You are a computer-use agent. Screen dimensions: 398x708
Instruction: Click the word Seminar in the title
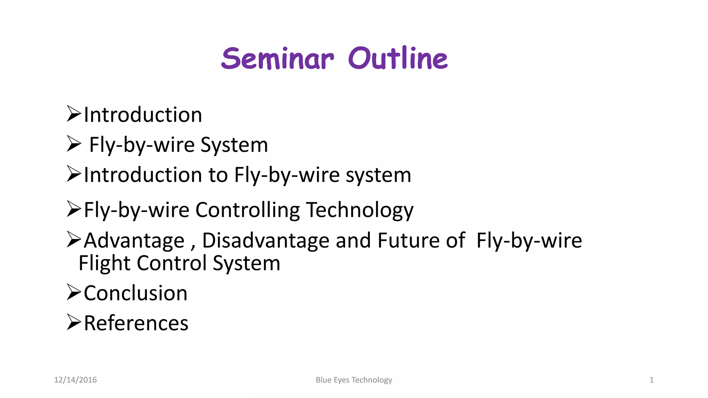point(277,58)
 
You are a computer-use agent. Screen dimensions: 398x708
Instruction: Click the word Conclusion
point(136,293)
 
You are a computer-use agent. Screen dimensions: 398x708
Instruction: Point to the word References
point(136,323)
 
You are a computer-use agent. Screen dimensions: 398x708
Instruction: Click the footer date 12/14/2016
point(75,380)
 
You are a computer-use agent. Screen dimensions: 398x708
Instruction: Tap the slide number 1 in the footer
point(651,380)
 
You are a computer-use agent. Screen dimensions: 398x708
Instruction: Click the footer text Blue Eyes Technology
point(354,380)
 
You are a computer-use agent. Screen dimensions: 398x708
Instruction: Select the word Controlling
point(248,210)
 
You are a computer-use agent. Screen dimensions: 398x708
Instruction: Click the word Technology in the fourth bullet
point(360,210)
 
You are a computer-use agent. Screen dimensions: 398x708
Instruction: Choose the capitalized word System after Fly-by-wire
point(234,145)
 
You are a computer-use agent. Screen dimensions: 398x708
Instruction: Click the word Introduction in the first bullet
point(143,115)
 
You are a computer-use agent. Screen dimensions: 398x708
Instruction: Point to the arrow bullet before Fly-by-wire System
point(74,144)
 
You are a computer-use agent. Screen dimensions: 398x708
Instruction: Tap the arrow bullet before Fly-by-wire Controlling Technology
point(74,209)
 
